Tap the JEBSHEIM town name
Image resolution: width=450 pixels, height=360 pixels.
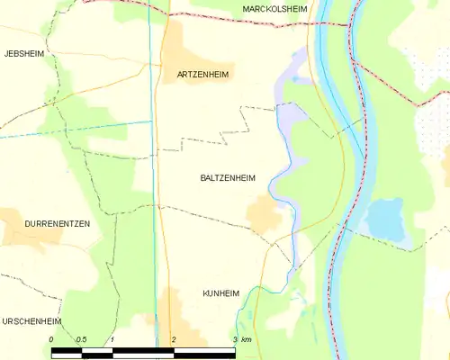coord(23,54)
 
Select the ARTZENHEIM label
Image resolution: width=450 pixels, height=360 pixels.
coord(201,73)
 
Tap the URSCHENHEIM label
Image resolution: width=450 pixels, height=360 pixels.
coord(31,320)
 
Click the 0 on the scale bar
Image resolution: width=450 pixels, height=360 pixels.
coord(51,339)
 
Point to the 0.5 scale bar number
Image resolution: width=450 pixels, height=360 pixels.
coord(81,339)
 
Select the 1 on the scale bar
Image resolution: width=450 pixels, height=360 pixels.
coord(112,339)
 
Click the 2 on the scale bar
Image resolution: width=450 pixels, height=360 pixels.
coord(173,339)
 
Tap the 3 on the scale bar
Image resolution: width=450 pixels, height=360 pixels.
coord(234,339)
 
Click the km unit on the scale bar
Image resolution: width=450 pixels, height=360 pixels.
coord(247,339)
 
